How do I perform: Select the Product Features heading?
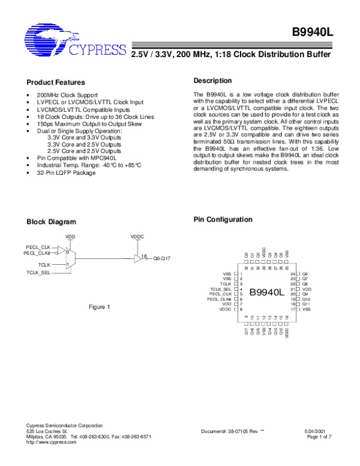tap(56, 82)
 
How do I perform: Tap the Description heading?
tap(212, 80)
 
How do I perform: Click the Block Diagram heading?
tap(52, 222)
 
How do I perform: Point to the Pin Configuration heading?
tap(223, 220)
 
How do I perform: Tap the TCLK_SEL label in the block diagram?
tap(38, 272)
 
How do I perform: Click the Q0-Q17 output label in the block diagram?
tap(162, 258)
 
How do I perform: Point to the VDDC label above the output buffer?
tap(137, 237)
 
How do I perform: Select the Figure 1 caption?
tap(100, 307)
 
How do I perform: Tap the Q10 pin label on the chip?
tap(306, 298)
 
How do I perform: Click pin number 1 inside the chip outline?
tap(241, 273)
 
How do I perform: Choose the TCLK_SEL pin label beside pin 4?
tap(223, 289)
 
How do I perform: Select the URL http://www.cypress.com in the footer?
tap(52, 442)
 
